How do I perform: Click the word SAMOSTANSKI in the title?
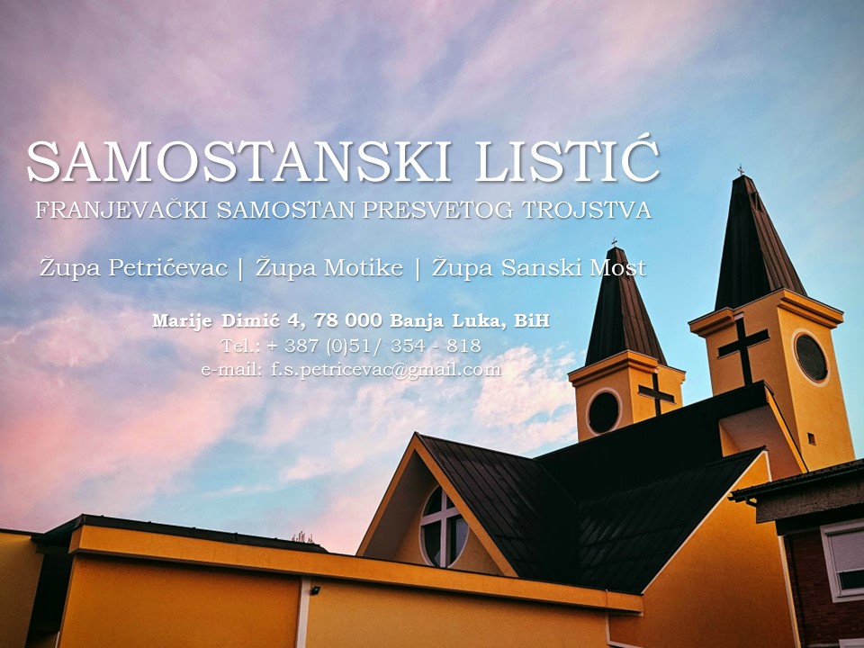(x=238, y=161)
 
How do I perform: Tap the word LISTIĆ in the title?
(x=567, y=160)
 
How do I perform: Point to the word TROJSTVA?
(x=587, y=210)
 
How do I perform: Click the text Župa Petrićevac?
(x=133, y=268)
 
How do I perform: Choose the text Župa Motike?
(x=329, y=268)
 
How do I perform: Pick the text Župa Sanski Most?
(x=538, y=268)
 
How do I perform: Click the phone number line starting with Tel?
(x=351, y=346)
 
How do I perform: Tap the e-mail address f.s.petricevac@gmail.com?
(x=386, y=369)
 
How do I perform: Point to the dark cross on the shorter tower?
(x=656, y=393)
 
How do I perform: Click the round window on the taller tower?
(x=811, y=357)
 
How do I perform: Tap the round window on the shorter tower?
(x=603, y=411)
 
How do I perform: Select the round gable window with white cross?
(x=444, y=527)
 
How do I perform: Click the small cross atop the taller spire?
(x=741, y=170)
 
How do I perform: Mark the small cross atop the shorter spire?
(x=614, y=242)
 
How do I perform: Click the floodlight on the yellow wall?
(x=315, y=590)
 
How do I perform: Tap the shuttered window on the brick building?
(x=843, y=559)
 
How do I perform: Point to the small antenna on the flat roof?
(x=302, y=536)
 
